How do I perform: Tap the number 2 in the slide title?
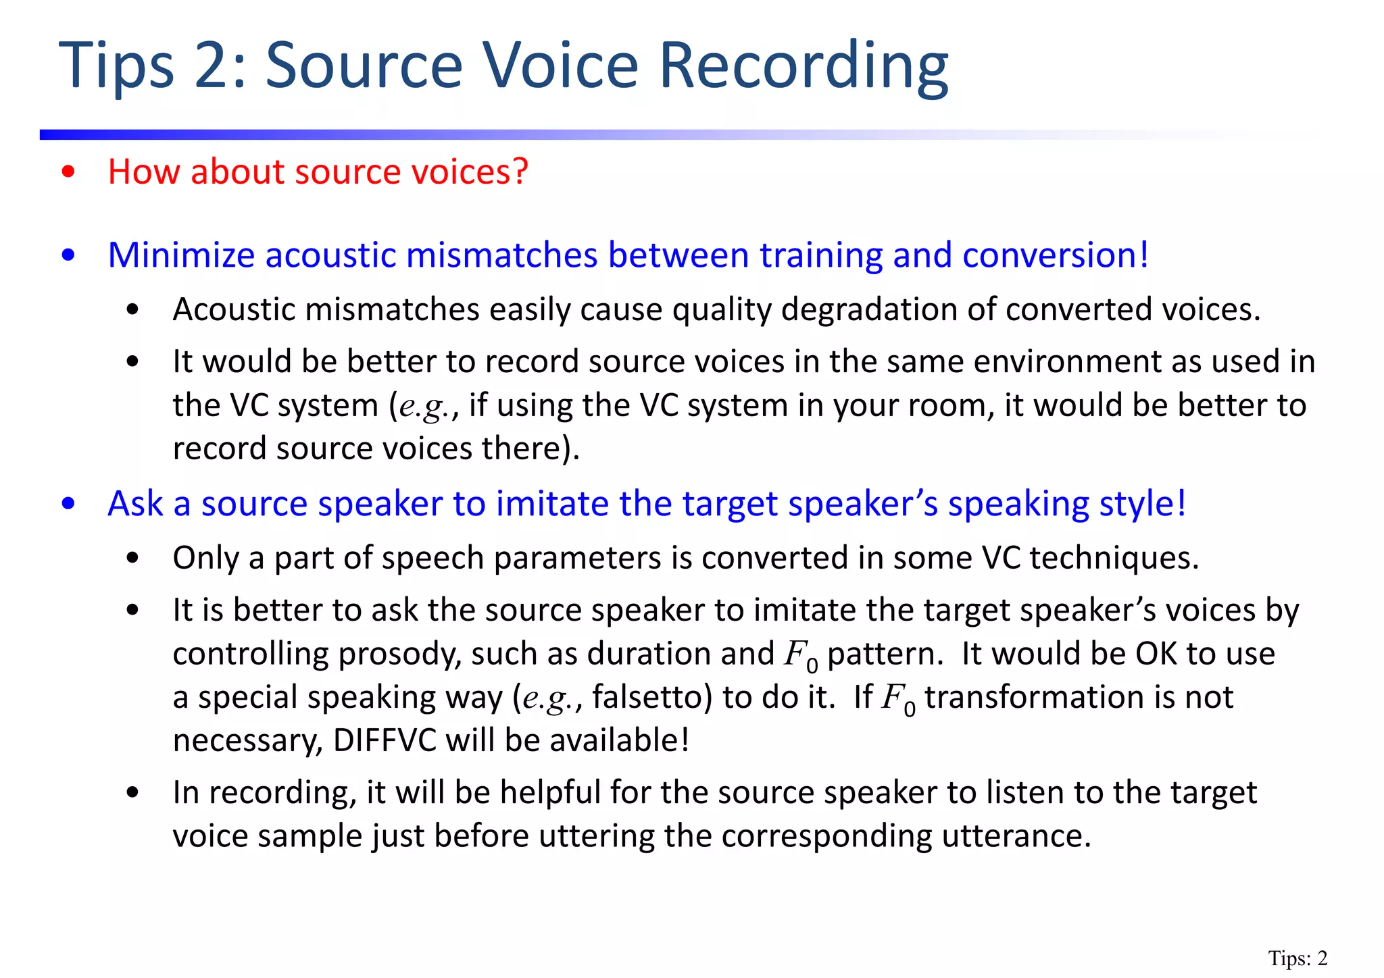pyautogui.click(x=214, y=66)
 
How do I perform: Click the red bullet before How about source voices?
pyautogui.click(x=68, y=172)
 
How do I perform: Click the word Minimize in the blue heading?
pyautogui.click(x=181, y=255)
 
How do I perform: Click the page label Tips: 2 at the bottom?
pyautogui.click(x=1297, y=958)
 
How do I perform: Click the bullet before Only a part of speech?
pyautogui.click(x=132, y=559)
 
